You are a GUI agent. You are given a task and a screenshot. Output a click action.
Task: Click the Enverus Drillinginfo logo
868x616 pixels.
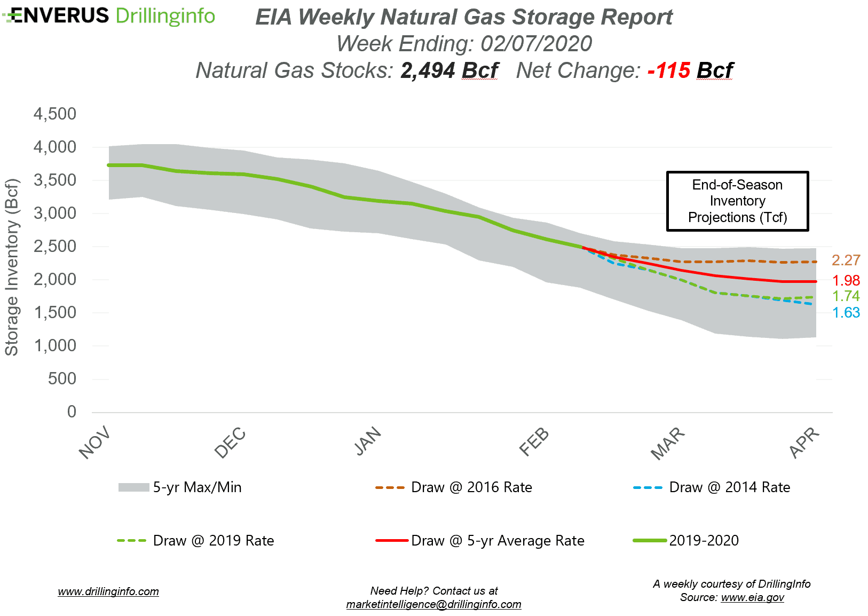pos(109,16)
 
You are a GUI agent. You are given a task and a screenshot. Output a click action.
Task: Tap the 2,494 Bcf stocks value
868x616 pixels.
pos(449,70)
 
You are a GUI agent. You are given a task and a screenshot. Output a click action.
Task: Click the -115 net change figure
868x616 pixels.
pos(668,70)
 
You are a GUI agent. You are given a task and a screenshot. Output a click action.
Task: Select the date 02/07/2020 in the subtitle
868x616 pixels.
pos(536,44)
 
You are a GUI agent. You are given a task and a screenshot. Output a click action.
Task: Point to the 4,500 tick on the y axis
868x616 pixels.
pos(55,114)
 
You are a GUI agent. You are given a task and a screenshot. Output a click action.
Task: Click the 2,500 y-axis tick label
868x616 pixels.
pos(55,246)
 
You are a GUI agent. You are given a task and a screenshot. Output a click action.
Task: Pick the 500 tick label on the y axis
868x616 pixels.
pos(62,378)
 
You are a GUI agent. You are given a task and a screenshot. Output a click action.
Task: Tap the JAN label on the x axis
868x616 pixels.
pos(368,442)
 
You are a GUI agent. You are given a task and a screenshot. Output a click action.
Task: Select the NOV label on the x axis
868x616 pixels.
pos(94,443)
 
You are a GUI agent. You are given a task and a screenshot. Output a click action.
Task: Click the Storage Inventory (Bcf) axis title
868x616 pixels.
pos(12,267)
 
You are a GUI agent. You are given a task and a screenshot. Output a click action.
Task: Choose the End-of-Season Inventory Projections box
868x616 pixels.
pos(737,201)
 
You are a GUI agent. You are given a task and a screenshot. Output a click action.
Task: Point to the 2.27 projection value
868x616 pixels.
pos(846,260)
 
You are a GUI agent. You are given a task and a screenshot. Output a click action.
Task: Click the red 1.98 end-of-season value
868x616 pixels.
pos(846,280)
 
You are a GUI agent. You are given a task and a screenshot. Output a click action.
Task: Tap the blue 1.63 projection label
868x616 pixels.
pos(846,313)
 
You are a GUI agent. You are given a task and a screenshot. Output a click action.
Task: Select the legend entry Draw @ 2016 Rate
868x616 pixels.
pos(471,487)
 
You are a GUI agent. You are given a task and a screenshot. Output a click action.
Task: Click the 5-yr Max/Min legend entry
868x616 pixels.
pos(197,487)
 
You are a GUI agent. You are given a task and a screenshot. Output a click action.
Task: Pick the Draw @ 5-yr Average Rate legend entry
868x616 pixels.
pos(498,541)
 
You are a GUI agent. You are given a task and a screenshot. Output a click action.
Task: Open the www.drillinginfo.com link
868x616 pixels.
pos(108,591)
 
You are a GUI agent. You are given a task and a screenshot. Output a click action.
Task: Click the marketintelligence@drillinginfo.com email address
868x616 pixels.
pos(433,604)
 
